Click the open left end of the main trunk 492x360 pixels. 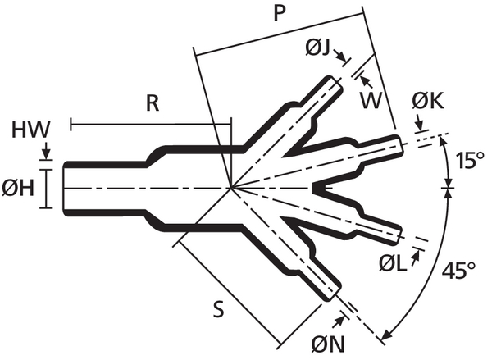coord(65,189)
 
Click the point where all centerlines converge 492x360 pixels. coord(232,189)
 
